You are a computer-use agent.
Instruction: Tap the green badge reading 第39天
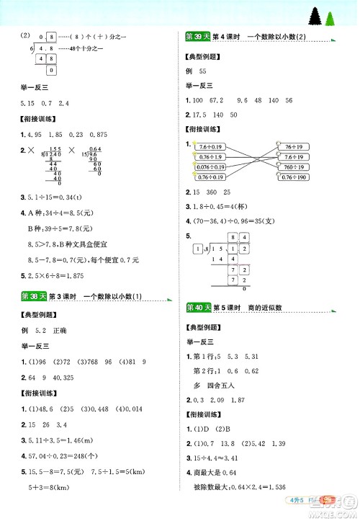point(194,37)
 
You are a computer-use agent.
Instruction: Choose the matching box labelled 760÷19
point(292,166)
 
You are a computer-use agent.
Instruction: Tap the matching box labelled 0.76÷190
point(292,177)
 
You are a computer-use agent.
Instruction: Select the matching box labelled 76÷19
point(292,146)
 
